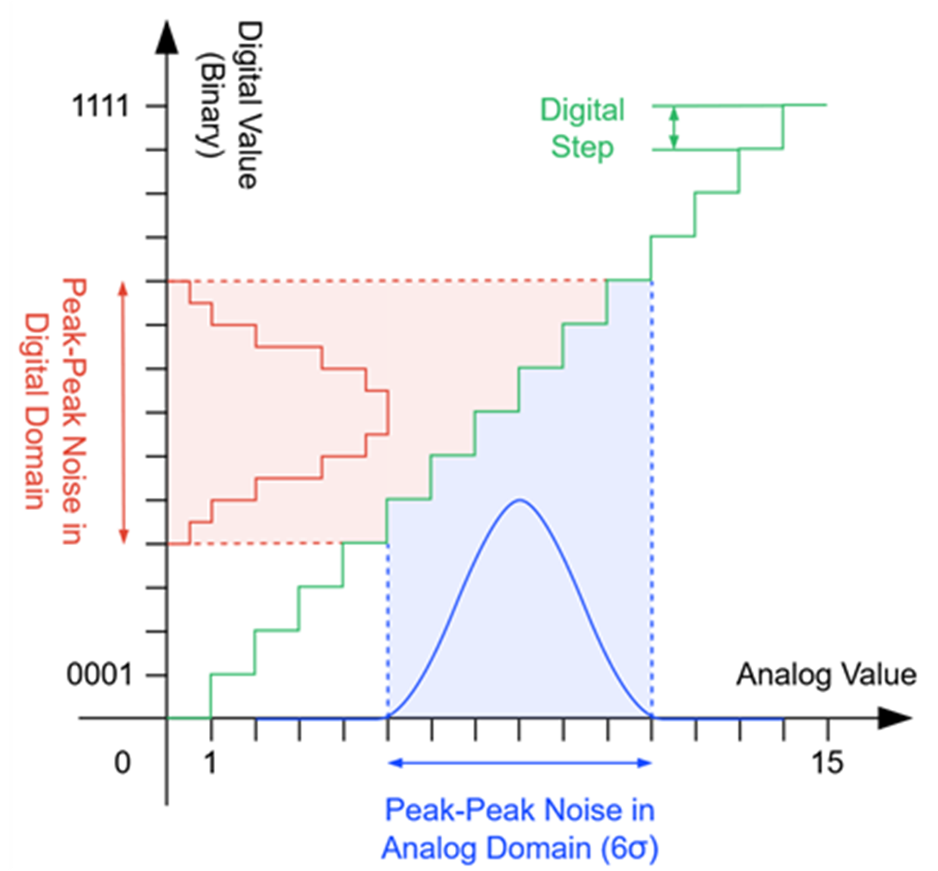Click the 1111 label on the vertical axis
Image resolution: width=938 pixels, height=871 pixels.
click(100, 106)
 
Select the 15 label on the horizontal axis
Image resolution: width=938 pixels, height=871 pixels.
click(826, 762)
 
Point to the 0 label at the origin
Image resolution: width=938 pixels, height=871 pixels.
click(122, 762)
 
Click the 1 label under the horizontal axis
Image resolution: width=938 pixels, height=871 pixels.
click(210, 762)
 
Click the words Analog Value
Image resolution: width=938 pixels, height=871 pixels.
click(826, 675)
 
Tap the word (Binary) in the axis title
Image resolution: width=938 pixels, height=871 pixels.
click(209, 105)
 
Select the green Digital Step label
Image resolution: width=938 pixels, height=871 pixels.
click(582, 128)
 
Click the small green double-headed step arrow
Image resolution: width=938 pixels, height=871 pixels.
click(674, 127)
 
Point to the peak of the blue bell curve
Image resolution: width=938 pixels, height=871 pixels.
click(520, 499)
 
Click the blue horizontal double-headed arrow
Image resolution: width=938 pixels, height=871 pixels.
click(520, 762)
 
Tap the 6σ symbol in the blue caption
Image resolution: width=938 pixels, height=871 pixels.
click(629, 848)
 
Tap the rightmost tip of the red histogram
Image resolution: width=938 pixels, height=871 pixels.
click(388, 413)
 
